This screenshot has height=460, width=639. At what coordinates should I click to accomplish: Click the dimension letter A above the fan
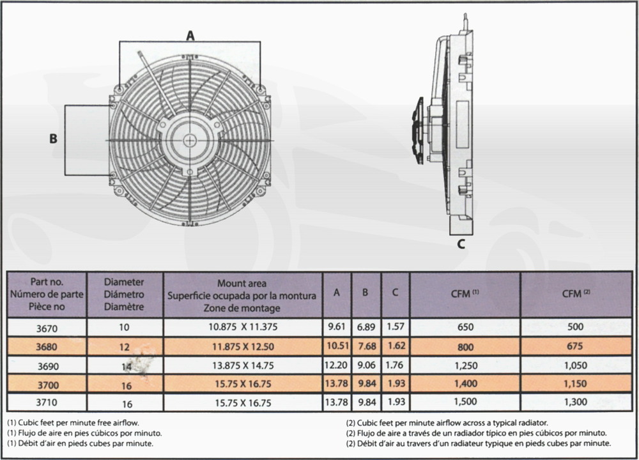point(190,35)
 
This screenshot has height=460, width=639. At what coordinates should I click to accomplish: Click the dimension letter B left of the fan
point(53,139)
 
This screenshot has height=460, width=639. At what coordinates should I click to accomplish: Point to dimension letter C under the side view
point(461,243)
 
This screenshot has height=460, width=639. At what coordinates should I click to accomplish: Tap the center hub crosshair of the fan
point(190,141)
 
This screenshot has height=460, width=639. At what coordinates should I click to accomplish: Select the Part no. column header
point(47,294)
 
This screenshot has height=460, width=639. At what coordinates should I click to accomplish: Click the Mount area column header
point(242,295)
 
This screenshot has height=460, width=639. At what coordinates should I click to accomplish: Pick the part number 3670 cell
point(47,328)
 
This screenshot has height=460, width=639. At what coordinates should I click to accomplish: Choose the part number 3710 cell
point(47,402)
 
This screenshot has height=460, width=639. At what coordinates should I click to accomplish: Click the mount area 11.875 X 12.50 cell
point(243,347)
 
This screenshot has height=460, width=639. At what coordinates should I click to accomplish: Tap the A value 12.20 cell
point(336,365)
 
